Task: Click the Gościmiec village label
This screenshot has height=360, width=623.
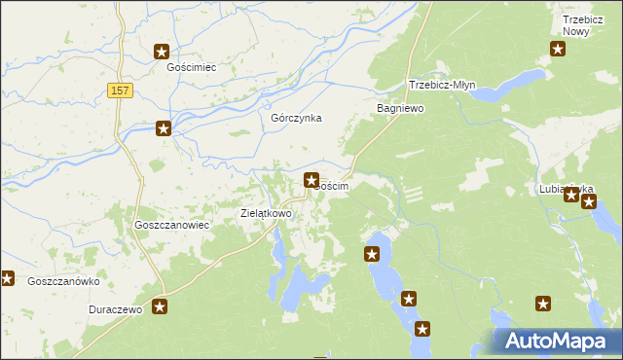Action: point(191,68)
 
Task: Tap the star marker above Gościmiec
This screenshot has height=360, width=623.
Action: point(162,53)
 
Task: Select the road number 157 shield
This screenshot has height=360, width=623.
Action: point(120,90)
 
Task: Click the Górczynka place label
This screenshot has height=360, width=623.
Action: point(296,118)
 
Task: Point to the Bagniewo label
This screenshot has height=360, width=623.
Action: point(400,109)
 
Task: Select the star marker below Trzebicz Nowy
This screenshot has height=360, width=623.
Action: point(558,51)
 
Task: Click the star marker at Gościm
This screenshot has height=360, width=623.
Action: point(311,179)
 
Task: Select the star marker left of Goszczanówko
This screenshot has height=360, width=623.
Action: point(7,279)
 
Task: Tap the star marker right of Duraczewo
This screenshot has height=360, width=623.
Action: point(161,307)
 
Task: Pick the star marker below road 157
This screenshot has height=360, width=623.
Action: point(164,127)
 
